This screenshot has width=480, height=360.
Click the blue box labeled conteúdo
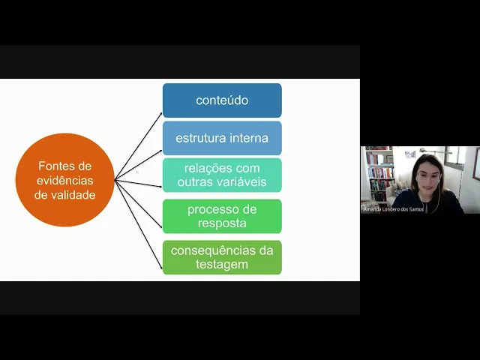(x=222, y=100)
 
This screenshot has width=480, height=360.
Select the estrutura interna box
(x=222, y=138)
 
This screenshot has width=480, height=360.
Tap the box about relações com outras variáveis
(x=222, y=175)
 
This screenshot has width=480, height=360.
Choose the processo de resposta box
(x=222, y=216)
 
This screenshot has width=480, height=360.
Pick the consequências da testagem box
(x=222, y=257)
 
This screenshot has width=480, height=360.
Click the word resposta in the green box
(x=222, y=223)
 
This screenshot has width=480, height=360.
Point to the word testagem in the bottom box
(x=222, y=264)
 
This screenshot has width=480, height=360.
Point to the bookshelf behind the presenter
(x=379, y=174)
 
